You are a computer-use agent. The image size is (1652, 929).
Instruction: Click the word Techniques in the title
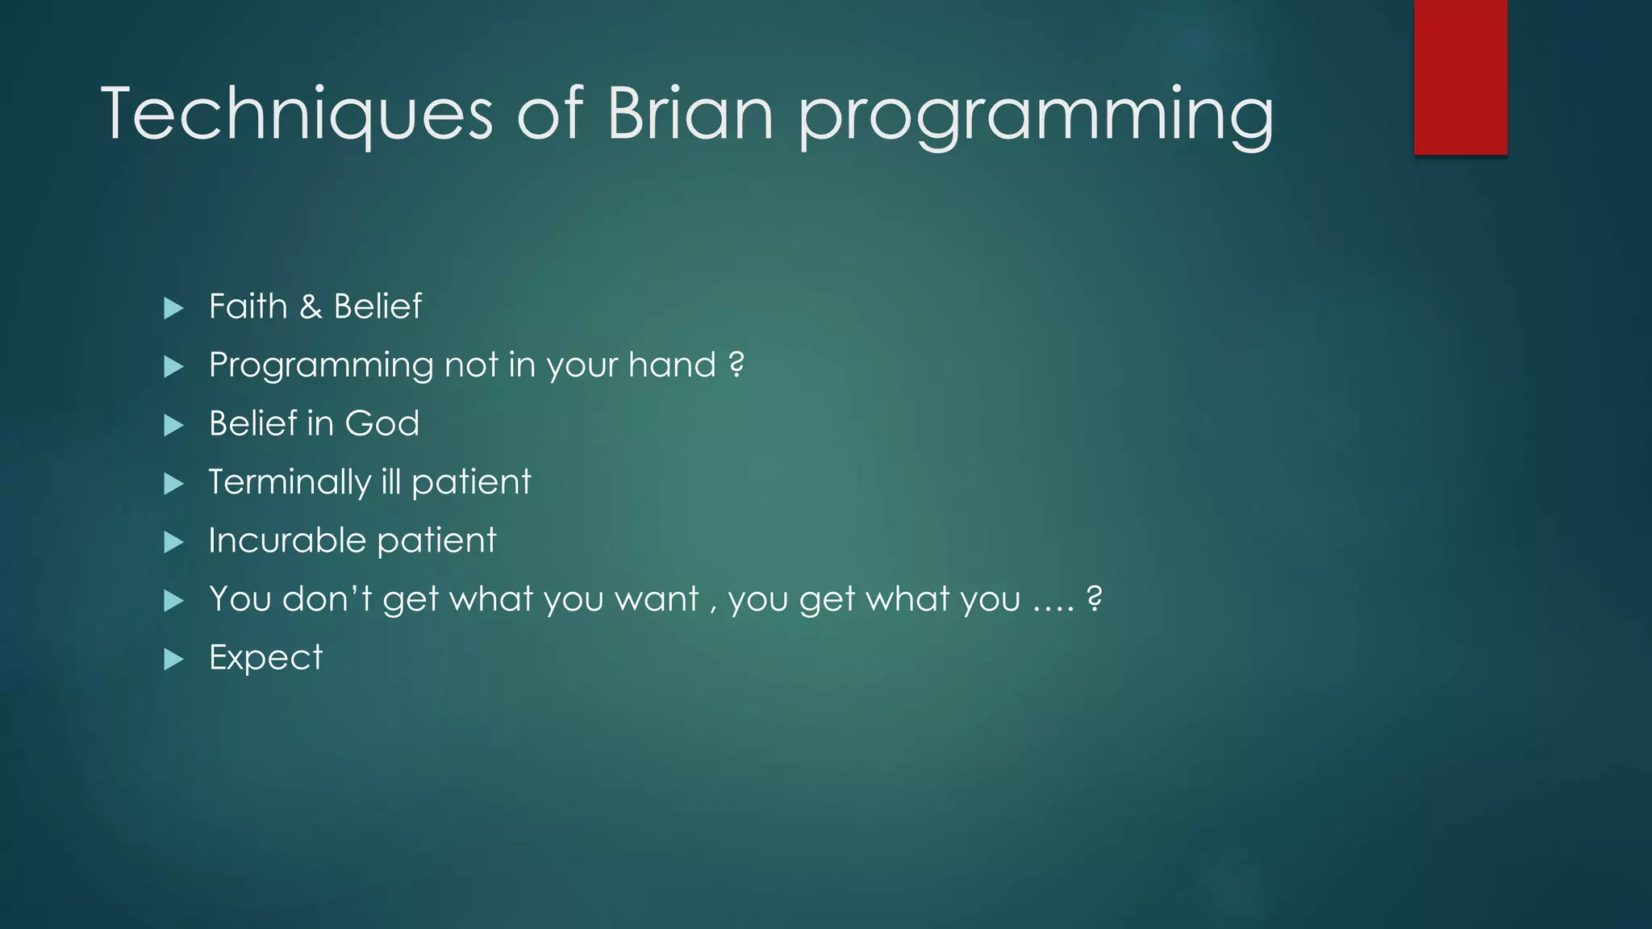coord(297,115)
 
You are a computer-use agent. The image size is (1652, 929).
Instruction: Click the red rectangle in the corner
coord(1460,77)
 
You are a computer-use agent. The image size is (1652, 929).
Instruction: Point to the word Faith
coord(248,306)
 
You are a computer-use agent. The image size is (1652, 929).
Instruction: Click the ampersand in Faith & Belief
coord(311,307)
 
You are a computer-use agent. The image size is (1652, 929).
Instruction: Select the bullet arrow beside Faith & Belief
coord(173,308)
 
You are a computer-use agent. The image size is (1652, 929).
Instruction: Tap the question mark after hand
coord(736,365)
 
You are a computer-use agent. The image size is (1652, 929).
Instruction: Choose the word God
coord(382,424)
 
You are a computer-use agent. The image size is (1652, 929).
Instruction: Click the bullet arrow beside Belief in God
coord(173,425)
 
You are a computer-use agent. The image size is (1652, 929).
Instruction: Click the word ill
coord(390,482)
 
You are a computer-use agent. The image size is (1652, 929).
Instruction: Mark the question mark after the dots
coord(1094,599)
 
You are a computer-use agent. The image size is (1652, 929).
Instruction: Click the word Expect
coord(265,658)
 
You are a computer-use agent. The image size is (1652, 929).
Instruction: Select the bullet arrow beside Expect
coord(173,660)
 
